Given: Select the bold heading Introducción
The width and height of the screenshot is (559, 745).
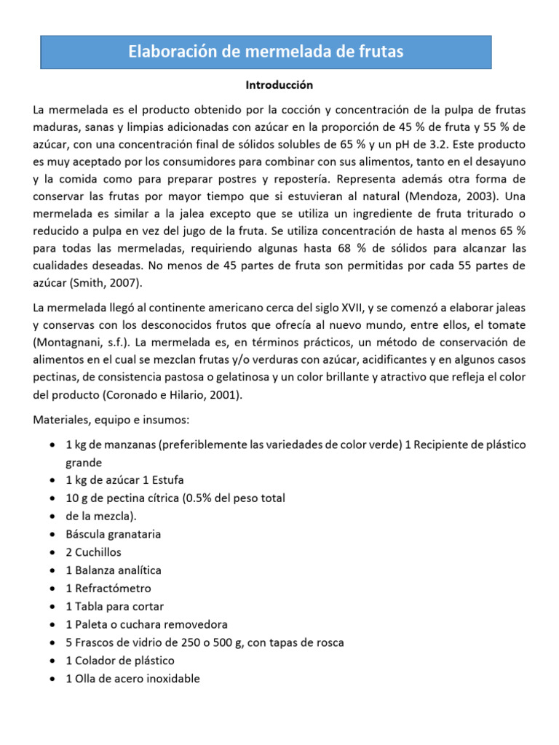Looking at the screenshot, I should [x=279, y=85].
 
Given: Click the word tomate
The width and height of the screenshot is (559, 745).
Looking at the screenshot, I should [x=504, y=324].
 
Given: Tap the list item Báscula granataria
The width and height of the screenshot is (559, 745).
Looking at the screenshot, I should [x=113, y=534].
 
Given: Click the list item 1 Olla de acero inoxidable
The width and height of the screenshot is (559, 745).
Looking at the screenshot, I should [x=132, y=679].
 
